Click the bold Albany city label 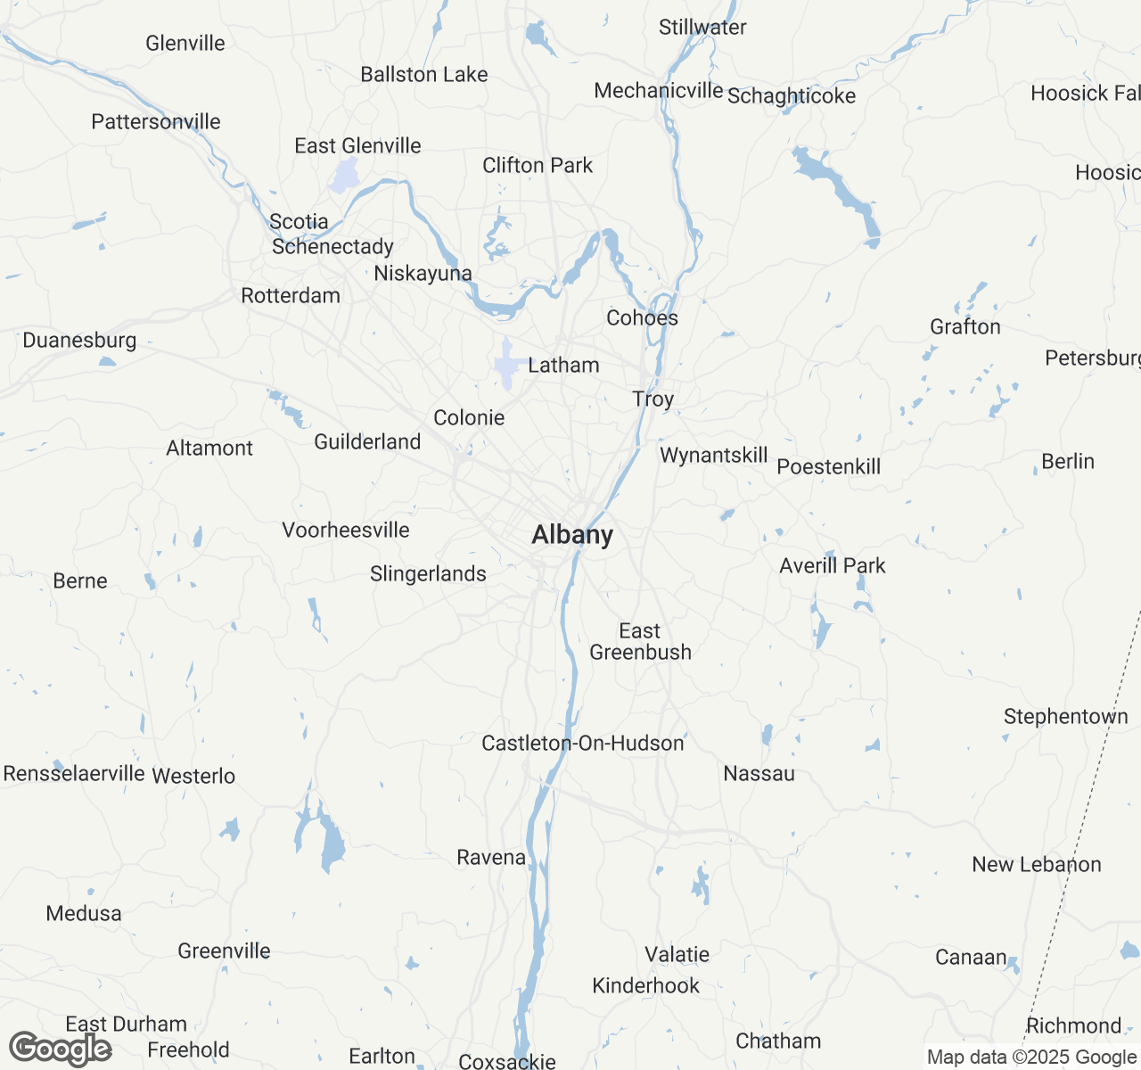pyautogui.click(x=572, y=535)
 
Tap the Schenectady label pyautogui.click(x=332, y=247)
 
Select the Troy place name pyautogui.click(x=653, y=399)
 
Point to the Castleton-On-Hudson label pyautogui.click(x=583, y=743)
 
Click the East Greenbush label pyautogui.click(x=640, y=642)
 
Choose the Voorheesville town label pyautogui.click(x=346, y=531)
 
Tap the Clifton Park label pyautogui.click(x=538, y=166)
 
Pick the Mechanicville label pyautogui.click(x=659, y=91)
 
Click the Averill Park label pyautogui.click(x=833, y=565)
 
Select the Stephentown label pyautogui.click(x=1066, y=717)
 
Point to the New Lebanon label pyautogui.click(x=1037, y=865)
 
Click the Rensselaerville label pyautogui.click(x=74, y=773)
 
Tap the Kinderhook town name pyautogui.click(x=646, y=986)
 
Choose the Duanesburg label pyautogui.click(x=79, y=341)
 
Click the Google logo pyautogui.click(x=61, y=1049)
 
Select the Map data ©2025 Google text pyautogui.click(x=1031, y=1058)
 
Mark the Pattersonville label pyautogui.click(x=156, y=122)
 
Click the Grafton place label pyautogui.click(x=965, y=327)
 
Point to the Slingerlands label pyautogui.click(x=428, y=574)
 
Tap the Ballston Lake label pyautogui.click(x=424, y=75)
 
